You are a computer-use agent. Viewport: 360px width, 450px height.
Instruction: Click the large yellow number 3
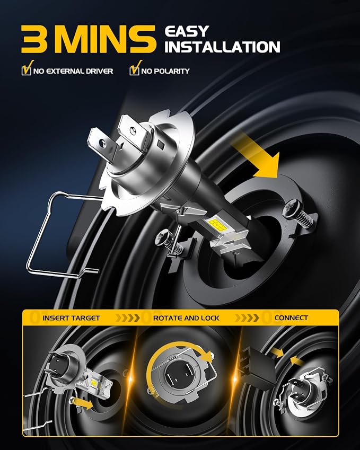click(x=34, y=39)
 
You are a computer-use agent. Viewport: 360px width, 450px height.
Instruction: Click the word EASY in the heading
click(x=187, y=31)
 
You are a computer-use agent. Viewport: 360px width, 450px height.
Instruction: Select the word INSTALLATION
click(x=223, y=47)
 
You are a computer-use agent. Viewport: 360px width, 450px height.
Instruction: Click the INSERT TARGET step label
click(x=71, y=318)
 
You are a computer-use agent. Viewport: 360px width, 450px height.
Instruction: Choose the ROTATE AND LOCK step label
click(x=186, y=318)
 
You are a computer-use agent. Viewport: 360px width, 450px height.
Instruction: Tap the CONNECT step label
click(x=291, y=317)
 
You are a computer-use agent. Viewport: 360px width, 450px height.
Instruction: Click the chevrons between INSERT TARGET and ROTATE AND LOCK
click(x=127, y=318)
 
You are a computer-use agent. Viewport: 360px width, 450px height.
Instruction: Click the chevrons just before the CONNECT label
click(x=247, y=318)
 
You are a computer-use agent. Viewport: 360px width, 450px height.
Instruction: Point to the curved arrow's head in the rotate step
click(x=207, y=356)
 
